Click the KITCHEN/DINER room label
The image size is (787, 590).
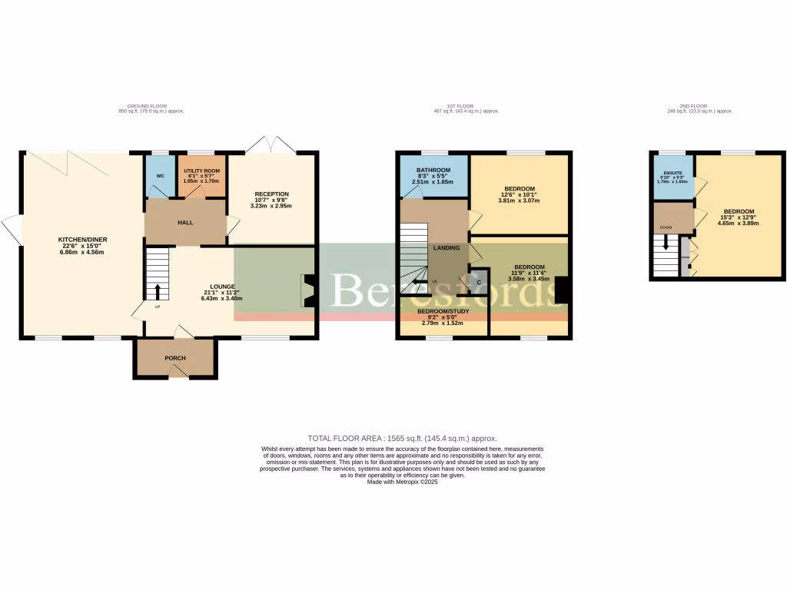(x=81, y=240)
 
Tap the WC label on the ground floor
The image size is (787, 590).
(x=160, y=176)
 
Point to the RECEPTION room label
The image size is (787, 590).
(x=273, y=194)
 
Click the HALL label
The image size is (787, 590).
(x=185, y=223)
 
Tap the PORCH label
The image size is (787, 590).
(x=175, y=358)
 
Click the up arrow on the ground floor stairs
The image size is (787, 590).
(x=158, y=291)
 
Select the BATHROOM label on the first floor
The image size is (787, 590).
(x=433, y=170)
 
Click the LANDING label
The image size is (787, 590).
(x=447, y=247)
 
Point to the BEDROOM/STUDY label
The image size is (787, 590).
(x=443, y=311)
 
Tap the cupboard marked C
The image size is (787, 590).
(x=479, y=283)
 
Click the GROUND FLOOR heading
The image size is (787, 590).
(x=147, y=106)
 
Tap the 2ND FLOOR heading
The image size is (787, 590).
(x=693, y=106)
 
